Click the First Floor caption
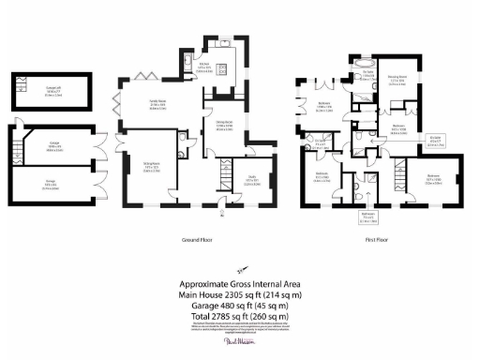[377, 238]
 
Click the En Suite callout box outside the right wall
[435, 142]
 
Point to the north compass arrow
[242, 266]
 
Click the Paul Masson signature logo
[240, 344]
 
